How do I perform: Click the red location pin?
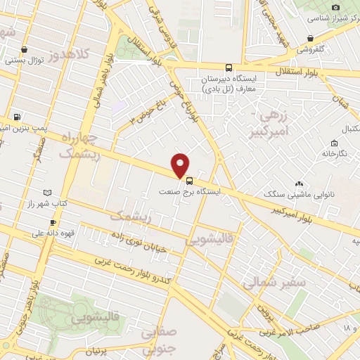(x=181, y=165)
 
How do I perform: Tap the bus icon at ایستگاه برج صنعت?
(x=189, y=181)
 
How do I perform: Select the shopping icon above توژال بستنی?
(x=25, y=49)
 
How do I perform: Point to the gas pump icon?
(x=18, y=117)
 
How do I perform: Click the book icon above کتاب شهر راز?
(x=47, y=193)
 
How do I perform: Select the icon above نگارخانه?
(x=326, y=153)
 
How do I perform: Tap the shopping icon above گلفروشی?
(x=310, y=38)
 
